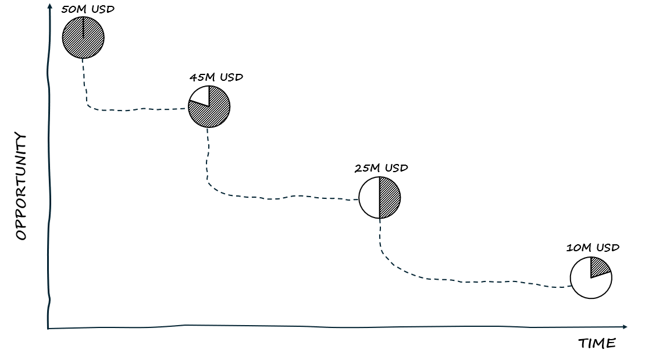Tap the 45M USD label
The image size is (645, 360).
click(x=216, y=77)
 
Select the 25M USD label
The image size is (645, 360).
click(x=381, y=168)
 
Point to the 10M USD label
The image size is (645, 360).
click(x=593, y=247)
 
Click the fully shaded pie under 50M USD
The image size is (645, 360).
click(x=83, y=38)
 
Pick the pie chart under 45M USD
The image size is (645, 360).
click(x=209, y=106)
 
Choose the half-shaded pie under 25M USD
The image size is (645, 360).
click(x=380, y=198)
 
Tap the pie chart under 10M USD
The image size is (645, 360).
click(x=591, y=277)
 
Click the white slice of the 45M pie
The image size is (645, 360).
click(x=201, y=96)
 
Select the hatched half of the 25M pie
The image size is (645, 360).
click(x=390, y=198)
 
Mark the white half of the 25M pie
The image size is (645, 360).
click(x=369, y=198)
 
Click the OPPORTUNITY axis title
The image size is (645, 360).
click(x=21, y=186)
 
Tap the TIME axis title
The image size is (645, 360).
click(x=597, y=344)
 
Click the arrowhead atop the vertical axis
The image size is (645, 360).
click(x=50, y=6)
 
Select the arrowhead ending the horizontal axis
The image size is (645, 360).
click(x=625, y=327)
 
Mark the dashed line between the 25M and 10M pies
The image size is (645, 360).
click(x=465, y=281)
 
